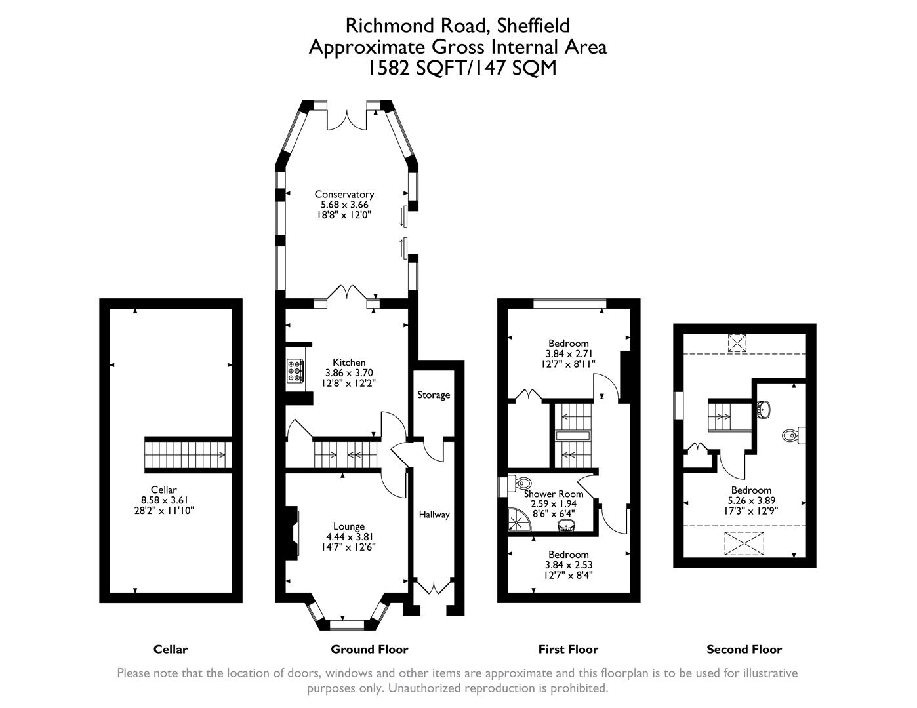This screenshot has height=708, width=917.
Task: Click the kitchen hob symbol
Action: (295, 371)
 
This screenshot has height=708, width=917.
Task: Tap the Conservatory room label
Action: (344, 194)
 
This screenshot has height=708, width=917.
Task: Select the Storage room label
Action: (434, 395)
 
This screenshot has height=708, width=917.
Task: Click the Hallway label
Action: (434, 515)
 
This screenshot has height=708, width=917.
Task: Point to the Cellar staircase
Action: (188, 454)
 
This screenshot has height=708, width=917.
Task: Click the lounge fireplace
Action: (291, 534)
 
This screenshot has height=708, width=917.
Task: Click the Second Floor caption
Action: (744, 650)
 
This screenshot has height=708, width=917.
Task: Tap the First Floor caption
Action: (568, 650)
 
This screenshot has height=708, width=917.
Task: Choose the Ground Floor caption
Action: (369, 650)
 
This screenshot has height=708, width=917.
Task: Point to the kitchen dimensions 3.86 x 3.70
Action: (349, 372)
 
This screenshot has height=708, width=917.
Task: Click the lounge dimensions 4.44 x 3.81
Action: (349, 536)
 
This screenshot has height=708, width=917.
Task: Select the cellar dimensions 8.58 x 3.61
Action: (163, 500)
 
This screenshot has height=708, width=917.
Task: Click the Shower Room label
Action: (554, 494)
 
